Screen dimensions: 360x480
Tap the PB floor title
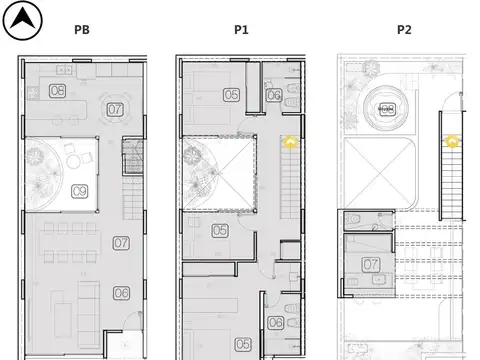coord(82,30)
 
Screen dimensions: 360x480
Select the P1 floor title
coord(241,30)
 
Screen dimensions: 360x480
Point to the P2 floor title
coord(404,30)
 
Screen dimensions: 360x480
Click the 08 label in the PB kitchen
coord(57,92)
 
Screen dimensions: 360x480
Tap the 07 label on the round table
coord(116,109)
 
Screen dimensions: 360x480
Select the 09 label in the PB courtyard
coord(80,190)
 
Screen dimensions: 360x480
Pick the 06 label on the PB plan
coord(121,293)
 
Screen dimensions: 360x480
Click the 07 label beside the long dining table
coord(121,242)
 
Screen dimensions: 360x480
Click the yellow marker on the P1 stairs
coord(291,142)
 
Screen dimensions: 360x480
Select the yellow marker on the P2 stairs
coord(451,142)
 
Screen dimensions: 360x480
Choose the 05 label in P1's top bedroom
coord(231,95)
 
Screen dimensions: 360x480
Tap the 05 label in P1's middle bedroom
coord(220,231)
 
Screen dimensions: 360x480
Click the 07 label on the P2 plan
coord(371,264)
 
